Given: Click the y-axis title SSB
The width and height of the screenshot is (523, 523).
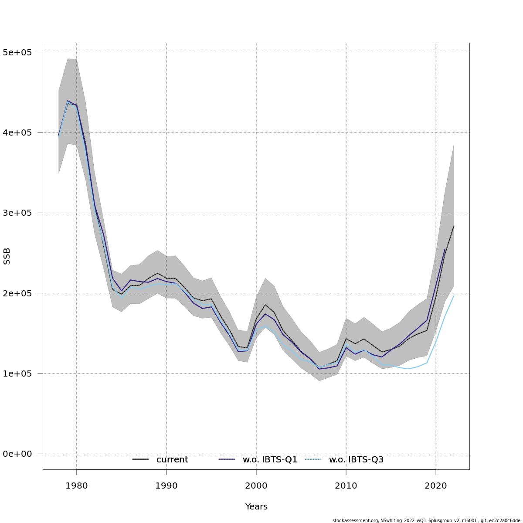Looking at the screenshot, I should (x=7, y=256).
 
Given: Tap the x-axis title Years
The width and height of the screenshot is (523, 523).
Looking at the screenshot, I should (x=256, y=507).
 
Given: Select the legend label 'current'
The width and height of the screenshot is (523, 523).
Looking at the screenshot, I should (x=172, y=460).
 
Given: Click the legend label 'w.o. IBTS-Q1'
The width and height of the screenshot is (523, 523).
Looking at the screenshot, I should (x=270, y=460).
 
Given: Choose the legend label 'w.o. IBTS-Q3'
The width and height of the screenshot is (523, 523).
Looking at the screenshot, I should (x=356, y=460).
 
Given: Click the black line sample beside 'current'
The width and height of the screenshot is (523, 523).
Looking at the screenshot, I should (x=141, y=460).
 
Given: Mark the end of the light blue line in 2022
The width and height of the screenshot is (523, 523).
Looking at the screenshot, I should (x=454, y=295).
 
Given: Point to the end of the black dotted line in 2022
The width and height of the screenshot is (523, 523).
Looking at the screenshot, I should (x=454, y=226).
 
